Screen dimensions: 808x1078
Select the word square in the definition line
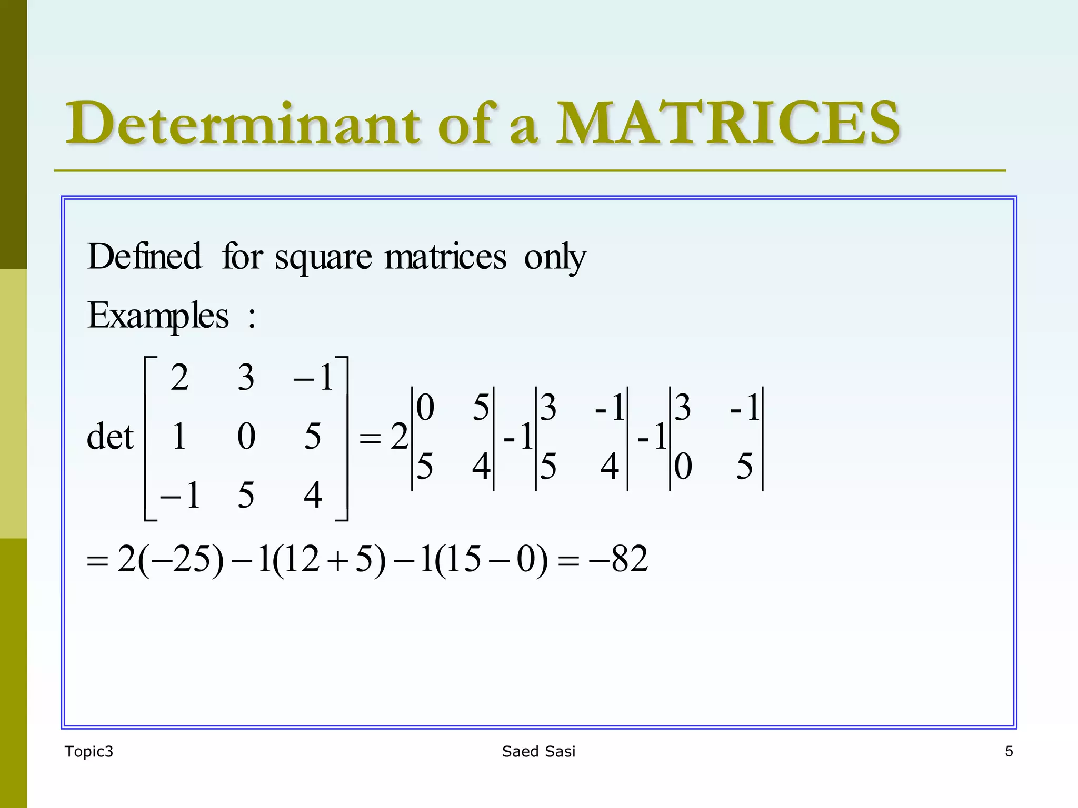(x=323, y=258)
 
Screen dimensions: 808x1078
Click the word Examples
(x=158, y=316)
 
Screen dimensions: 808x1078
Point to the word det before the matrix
(x=110, y=437)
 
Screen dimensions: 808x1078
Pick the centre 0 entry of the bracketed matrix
(x=246, y=437)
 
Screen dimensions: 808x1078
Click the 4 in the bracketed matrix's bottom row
(x=313, y=496)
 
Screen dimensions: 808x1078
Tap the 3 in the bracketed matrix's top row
(x=246, y=378)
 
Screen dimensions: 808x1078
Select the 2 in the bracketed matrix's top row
(x=179, y=378)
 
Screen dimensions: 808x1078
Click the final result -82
(x=619, y=559)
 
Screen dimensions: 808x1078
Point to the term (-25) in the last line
(x=181, y=559)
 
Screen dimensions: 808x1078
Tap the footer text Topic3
(x=88, y=752)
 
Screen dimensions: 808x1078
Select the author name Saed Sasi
(x=538, y=752)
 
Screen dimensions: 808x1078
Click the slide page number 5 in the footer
(x=1009, y=752)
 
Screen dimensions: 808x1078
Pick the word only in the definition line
(x=555, y=258)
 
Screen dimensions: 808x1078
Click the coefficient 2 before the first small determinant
(x=399, y=437)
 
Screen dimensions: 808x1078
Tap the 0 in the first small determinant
(x=425, y=408)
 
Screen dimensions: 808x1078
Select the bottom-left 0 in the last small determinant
(x=683, y=467)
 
